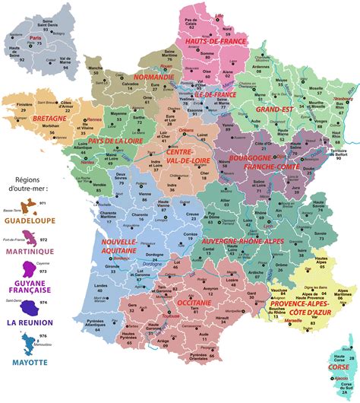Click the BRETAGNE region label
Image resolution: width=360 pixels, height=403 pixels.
coord(29,119)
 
